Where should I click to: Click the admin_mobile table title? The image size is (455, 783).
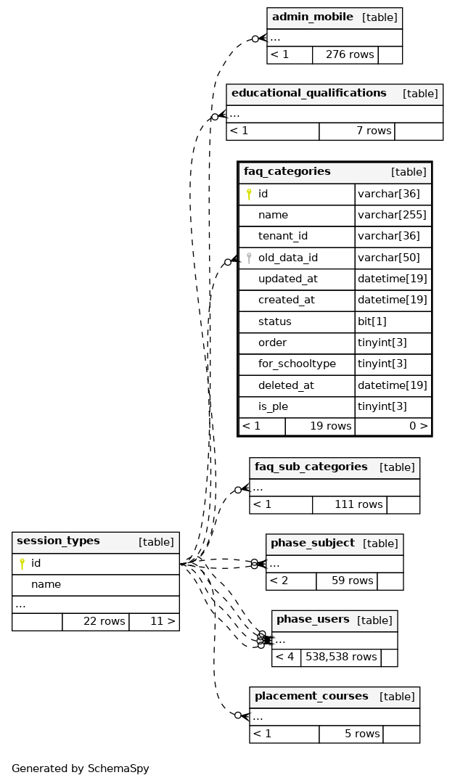coord(313,17)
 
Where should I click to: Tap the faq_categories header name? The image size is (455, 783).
coord(287,172)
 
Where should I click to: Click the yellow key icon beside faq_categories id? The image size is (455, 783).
coord(249,194)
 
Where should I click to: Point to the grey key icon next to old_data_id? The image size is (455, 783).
coord(249,258)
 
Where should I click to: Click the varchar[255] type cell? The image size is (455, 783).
coord(393,216)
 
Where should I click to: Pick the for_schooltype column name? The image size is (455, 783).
coord(297,364)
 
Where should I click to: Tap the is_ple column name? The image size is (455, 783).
coord(273,407)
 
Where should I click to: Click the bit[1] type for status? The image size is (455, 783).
coord(372,321)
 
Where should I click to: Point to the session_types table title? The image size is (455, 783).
coord(58,541)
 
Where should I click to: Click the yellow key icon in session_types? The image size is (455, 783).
coord(22,564)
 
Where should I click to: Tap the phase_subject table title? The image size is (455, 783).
coord(312,544)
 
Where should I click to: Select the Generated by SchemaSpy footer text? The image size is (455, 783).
coord(80,768)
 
